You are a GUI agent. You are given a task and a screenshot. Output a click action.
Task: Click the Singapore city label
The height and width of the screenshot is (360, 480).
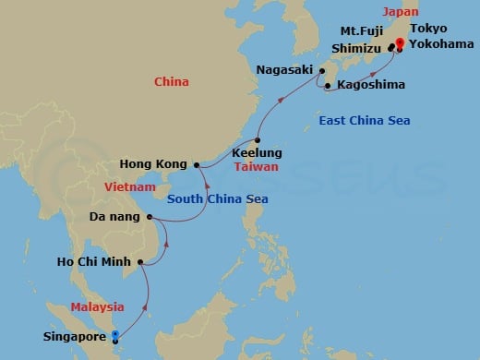[74, 337]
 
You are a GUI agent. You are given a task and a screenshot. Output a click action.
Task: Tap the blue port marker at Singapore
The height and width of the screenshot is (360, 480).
[114, 336]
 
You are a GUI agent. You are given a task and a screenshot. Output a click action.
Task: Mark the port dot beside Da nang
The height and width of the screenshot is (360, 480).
[150, 219]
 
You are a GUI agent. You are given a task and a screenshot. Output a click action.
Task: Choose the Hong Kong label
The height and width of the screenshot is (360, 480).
[161, 164]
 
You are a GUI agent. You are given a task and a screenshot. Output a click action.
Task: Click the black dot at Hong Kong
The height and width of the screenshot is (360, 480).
[197, 165]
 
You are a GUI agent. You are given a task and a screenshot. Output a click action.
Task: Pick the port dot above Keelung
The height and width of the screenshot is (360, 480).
[258, 139]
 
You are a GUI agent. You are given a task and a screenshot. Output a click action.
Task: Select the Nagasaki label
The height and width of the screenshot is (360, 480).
[284, 69]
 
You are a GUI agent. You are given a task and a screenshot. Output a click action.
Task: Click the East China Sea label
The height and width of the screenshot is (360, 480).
[365, 122]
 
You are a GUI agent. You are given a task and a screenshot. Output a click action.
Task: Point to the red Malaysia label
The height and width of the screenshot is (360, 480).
[98, 307]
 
